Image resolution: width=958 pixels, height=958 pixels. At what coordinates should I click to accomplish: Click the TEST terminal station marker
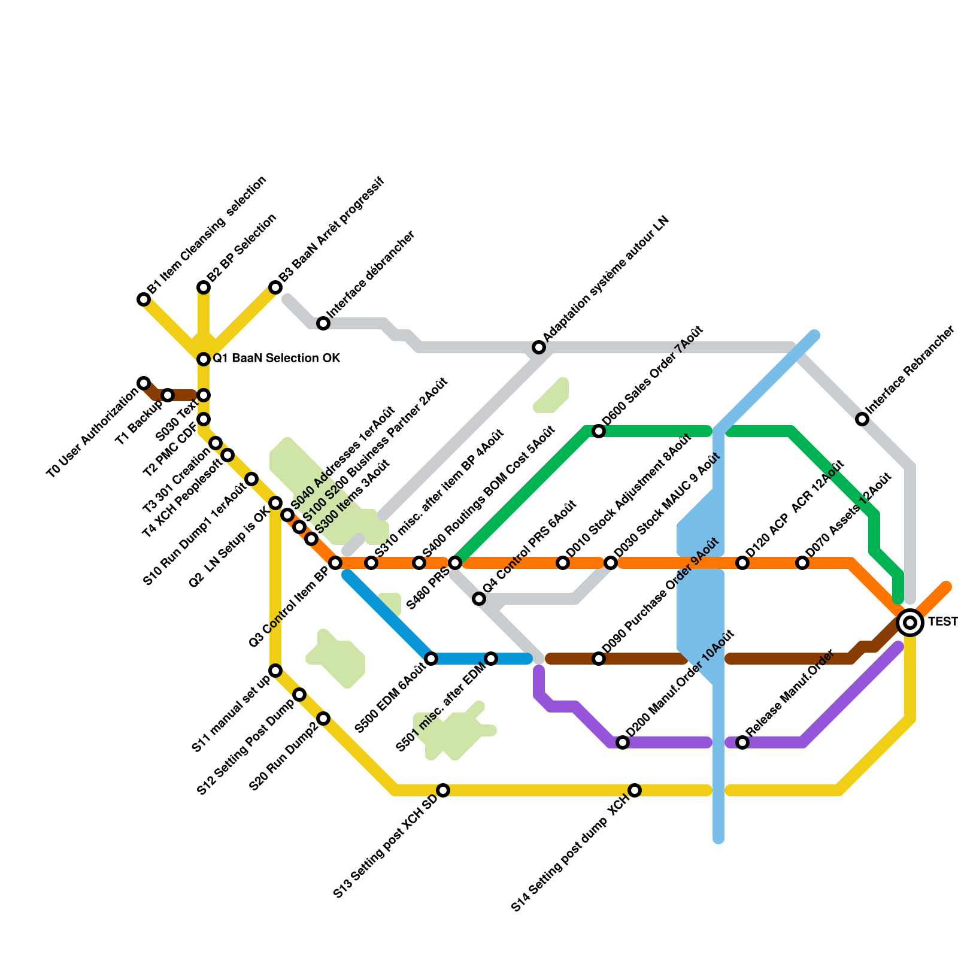[x=910, y=623]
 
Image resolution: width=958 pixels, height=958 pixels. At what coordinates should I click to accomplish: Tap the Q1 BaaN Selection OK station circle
[x=204, y=359]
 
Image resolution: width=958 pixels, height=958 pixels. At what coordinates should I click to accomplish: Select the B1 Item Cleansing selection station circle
[x=144, y=299]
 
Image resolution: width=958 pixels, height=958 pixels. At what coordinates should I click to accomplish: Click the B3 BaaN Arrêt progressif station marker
[x=275, y=287]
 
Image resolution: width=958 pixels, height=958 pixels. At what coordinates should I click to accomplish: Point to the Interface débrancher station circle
[x=323, y=323]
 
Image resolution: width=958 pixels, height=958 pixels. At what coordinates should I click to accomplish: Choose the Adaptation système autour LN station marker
[x=539, y=347]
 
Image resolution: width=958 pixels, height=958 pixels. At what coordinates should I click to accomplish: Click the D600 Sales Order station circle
[x=599, y=431]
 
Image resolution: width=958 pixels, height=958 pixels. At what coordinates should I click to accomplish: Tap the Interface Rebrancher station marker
[x=862, y=419]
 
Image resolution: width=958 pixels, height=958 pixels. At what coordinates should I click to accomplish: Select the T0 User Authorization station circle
[x=144, y=383]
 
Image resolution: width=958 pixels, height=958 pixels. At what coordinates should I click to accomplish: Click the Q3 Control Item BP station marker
[x=335, y=563]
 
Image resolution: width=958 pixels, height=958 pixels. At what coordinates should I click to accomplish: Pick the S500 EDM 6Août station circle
[x=431, y=659]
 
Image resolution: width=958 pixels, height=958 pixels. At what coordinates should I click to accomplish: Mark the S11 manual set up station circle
[x=275, y=671]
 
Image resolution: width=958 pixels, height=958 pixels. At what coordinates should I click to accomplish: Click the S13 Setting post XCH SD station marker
[x=443, y=790]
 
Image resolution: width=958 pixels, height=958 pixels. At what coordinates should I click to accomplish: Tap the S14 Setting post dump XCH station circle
[x=635, y=790]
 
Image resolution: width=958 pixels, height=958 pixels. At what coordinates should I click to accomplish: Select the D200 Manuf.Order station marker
[x=623, y=742]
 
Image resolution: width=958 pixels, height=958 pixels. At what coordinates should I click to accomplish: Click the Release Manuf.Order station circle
[x=742, y=742]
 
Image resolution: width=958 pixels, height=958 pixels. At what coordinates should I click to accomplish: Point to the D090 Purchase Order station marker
[x=599, y=659]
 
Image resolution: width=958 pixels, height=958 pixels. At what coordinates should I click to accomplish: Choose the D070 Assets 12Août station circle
[x=802, y=563]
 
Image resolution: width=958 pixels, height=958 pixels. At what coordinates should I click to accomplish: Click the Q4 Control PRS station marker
[x=479, y=599]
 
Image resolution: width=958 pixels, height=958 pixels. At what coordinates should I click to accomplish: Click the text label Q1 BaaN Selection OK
[x=277, y=359]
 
